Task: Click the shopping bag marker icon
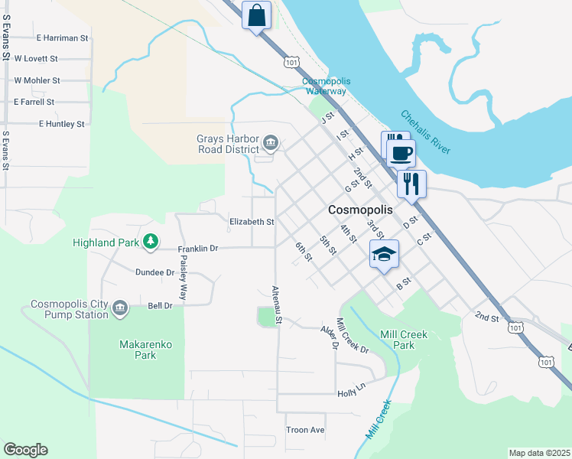[257, 14]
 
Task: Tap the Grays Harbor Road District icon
[270, 143]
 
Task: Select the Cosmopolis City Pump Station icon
[120, 308]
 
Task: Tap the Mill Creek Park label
[404, 340]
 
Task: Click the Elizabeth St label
[252, 222]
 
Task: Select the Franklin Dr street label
[198, 249]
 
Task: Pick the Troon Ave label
[305, 430]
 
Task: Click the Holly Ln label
[352, 393]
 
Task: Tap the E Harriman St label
[63, 37]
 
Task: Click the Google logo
[25, 450]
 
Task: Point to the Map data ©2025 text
[539, 453]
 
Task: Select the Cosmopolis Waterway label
[324, 86]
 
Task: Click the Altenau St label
[277, 304]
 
